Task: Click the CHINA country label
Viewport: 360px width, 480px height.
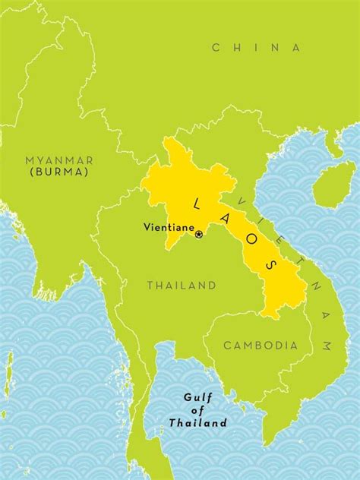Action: coord(256,48)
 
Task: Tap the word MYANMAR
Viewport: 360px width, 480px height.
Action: coord(59,160)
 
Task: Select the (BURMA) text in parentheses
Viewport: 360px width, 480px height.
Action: coord(59,172)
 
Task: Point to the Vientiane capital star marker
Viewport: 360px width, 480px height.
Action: coord(199,235)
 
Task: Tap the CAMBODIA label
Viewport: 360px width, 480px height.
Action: coord(261,346)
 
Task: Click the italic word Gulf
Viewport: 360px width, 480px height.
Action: coord(198,396)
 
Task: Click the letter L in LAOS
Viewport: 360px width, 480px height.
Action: coord(197,204)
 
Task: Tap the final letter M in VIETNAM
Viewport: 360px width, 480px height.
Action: coord(326,346)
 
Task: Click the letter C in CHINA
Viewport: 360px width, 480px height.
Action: coord(216,48)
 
